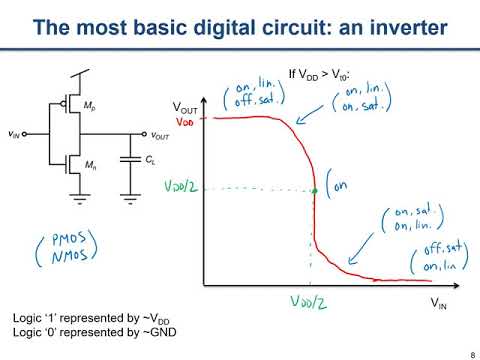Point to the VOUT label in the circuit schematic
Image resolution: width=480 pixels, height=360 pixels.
tap(161, 135)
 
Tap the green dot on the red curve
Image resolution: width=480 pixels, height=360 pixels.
tap(314, 190)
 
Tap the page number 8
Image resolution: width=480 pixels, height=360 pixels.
tap(469, 352)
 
